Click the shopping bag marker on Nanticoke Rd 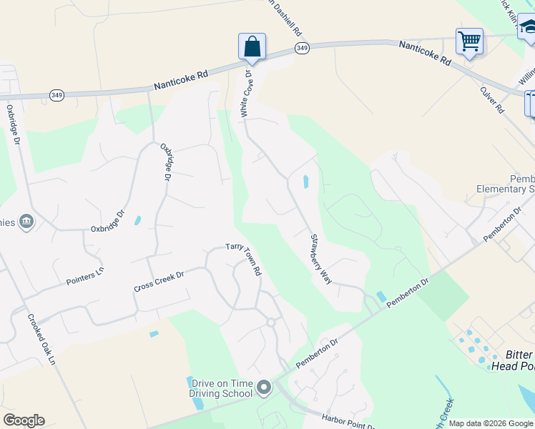pyautogui.click(x=252, y=47)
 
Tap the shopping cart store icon pyautogui.click(x=469, y=41)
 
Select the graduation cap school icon pyautogui.click(x=528, y=27)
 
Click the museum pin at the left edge pyautogui.click(x=26, y=222)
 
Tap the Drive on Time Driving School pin pyautogui.click(x=264, y=388)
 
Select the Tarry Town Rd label pyautogui.click(x=244, y=258)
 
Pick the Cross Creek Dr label pyautogui.click(x=159, y=281)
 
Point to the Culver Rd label pyautogui.click(x=493, y=99)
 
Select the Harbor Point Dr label pyautogui.click(x=348, y=420)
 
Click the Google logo pyautogui.click(x=24, y=420)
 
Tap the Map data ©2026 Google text pyautogui.click(x=491, y=423)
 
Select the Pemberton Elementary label pyautogui.click(x=506, y=184)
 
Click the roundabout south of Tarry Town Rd pyautogui.click(x=270, y=322)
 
